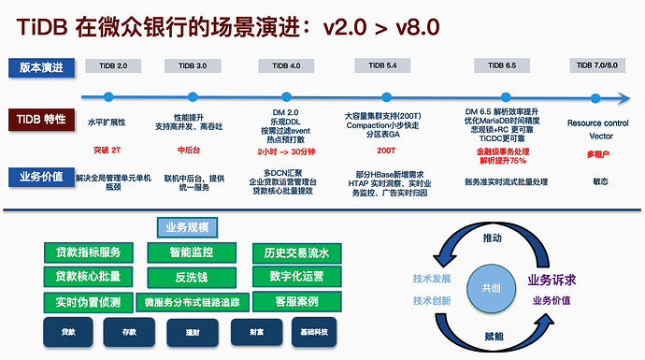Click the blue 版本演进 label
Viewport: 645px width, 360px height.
[x=42, y=66]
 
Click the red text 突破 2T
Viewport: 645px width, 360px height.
[x=107, y=150]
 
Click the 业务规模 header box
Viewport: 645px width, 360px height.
[x=187, y=227]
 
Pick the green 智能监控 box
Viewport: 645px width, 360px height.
[x=193, y=252]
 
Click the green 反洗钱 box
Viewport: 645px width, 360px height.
[x=193, y=277]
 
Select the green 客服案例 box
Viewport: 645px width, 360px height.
[x=296, y=301]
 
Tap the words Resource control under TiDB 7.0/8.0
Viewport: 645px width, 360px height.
[x=598, y=122]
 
